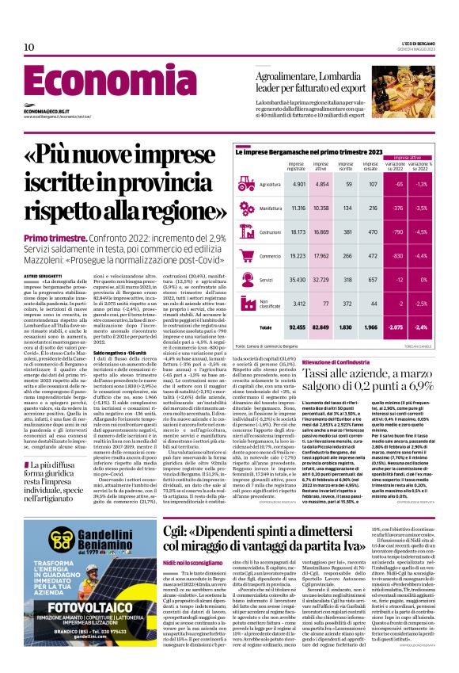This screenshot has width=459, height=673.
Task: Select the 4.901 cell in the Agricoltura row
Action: coord(299,184)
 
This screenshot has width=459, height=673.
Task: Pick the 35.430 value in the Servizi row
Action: coord(298,280)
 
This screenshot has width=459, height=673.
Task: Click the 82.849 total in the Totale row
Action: coord(321,327)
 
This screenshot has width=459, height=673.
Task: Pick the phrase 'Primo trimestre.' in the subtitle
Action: coord(55,239)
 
